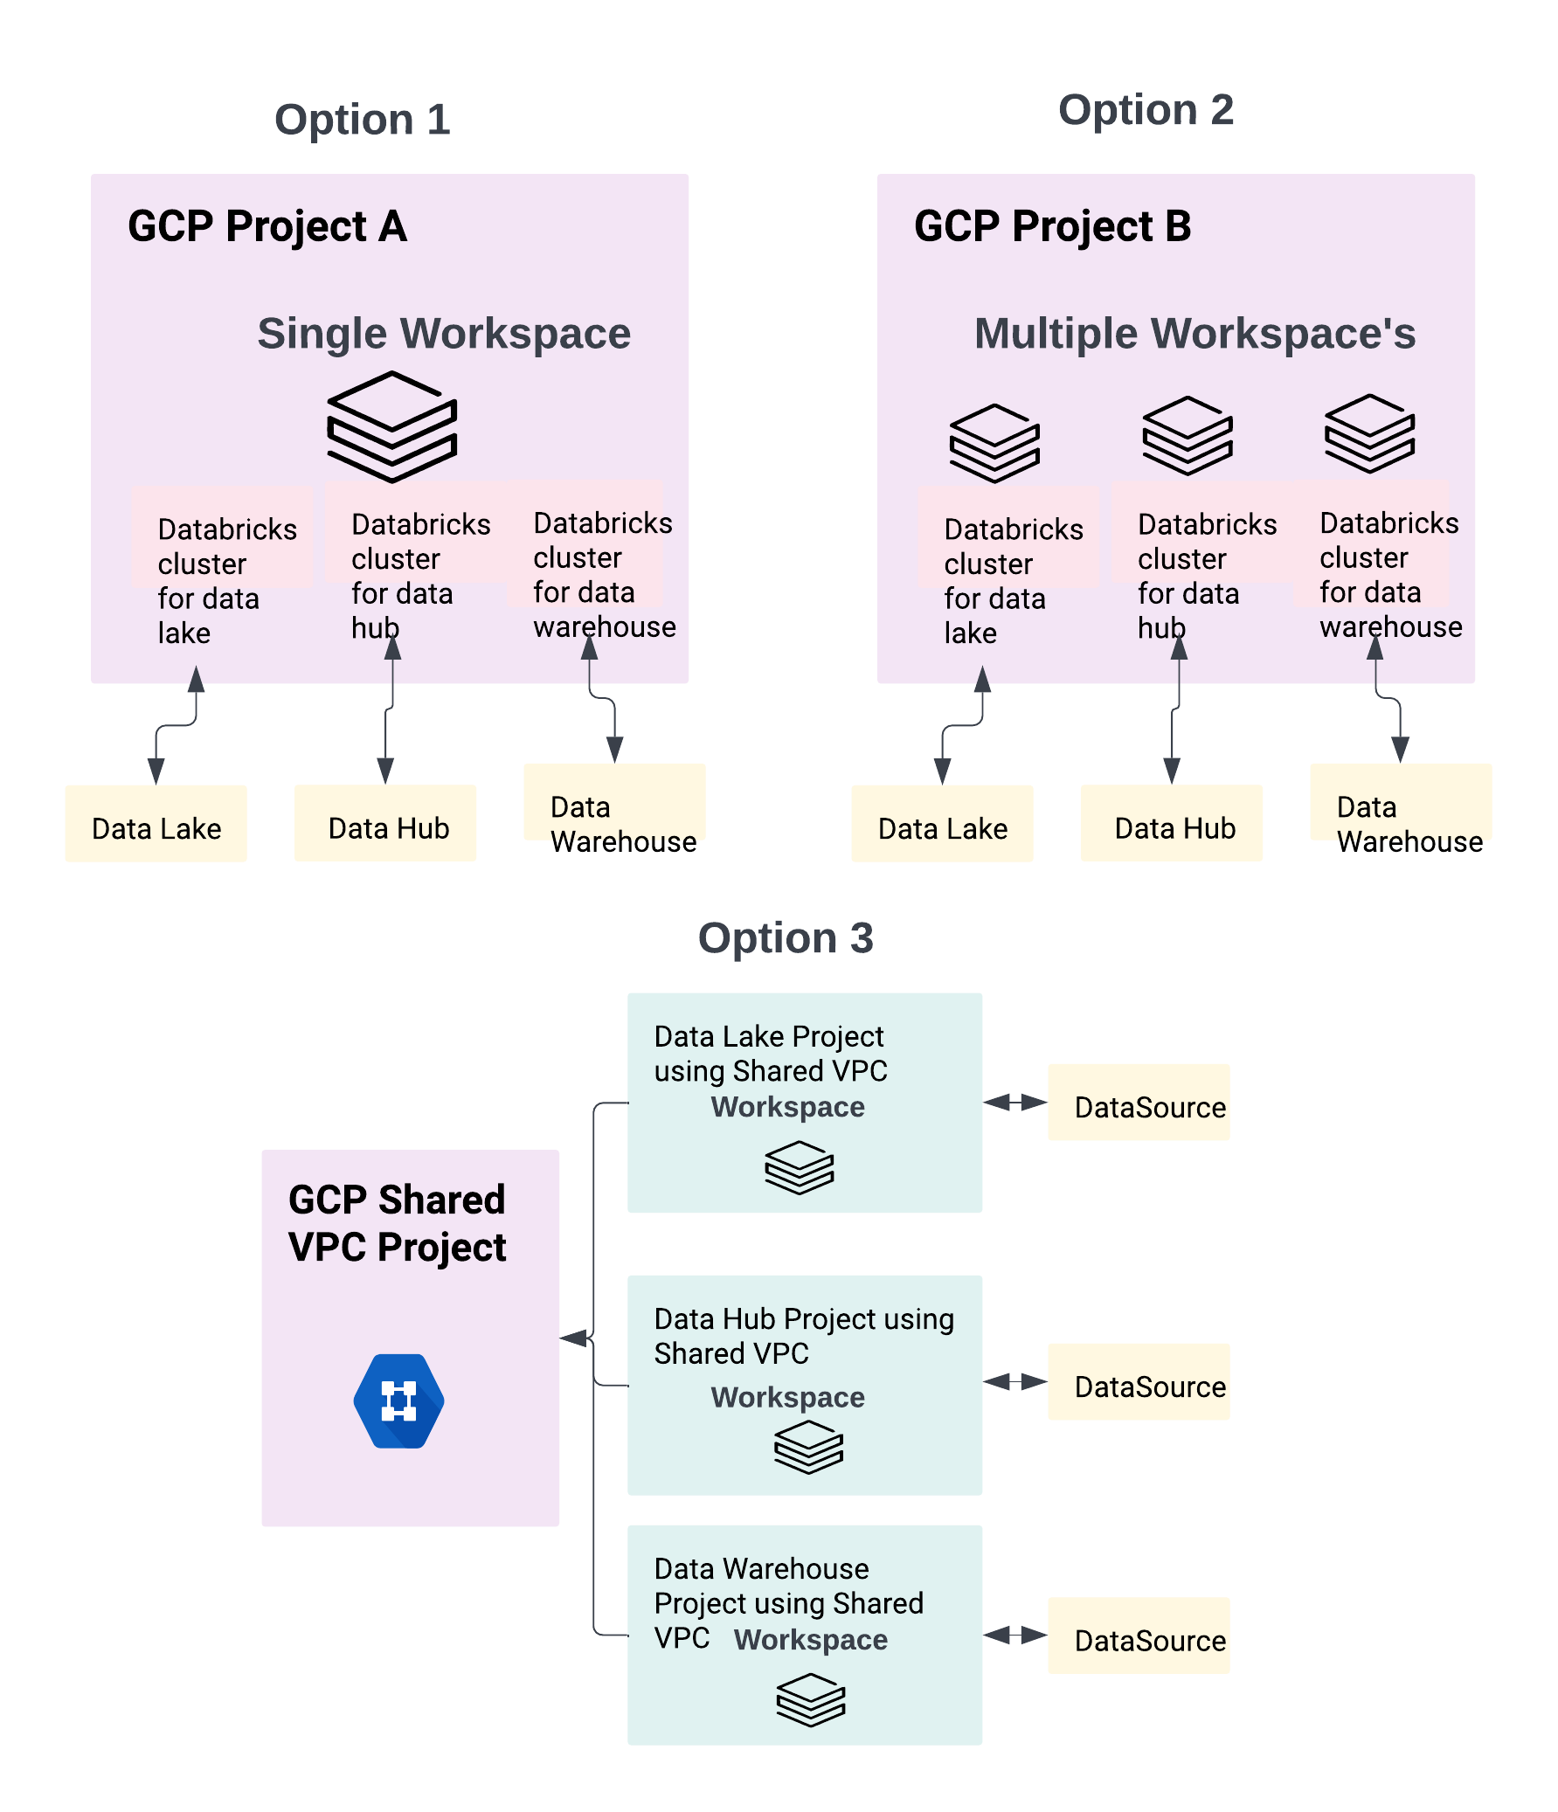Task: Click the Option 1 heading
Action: coord(362,119)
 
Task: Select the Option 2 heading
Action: coord(1146,110)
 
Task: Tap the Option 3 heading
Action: coord(786,937)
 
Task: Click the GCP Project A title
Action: coord(267,226)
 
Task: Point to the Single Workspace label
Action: coord(444,333)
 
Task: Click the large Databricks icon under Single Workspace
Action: coord(392,426)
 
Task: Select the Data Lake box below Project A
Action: coord(156,823)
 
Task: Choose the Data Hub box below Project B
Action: coord(1172,823)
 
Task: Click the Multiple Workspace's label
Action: coord(1194,333)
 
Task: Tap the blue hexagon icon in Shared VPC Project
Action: coord(399,1401)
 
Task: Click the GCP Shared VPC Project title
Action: coord(398,1222)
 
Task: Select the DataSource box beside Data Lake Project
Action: coord(1138,1102)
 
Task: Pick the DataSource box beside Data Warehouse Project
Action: coord(1138,1636)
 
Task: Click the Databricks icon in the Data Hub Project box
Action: coord(808,1447)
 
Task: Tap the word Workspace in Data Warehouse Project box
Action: coord(810,1640)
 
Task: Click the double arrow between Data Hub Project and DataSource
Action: coord(1014,1382)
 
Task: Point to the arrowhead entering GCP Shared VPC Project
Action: coord(572,1338)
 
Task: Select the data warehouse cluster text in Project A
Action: coord(604,575)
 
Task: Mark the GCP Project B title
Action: coord(1052,226)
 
